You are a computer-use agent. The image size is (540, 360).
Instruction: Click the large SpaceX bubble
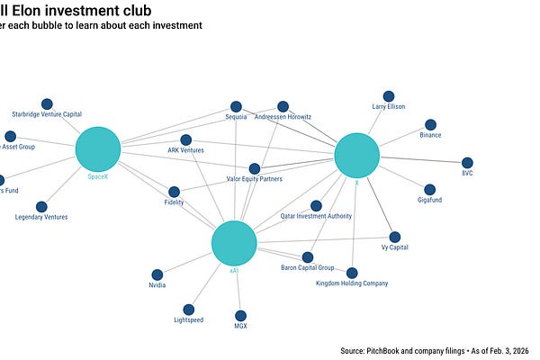coord(97,149)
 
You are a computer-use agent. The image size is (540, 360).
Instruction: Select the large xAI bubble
coord(234,244)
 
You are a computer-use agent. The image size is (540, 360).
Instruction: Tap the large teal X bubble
coord(357,156)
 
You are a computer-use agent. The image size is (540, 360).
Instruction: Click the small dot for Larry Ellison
coord(389,96)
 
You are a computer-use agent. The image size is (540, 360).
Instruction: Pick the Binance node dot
coord(430,125)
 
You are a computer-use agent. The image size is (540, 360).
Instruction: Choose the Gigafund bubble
coord(429,190)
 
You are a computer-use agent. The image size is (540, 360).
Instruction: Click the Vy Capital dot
coord(395,237)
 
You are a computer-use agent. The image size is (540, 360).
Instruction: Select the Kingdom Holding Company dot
coord(352,273)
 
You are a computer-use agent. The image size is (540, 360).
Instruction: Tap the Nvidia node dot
coord(157,274)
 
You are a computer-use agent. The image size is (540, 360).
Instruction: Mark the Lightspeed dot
coord(188,310)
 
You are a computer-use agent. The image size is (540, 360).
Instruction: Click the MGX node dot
coord(240,315)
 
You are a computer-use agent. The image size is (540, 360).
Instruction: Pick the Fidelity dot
coord(174,192)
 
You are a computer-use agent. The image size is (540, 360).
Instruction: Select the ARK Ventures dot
coord(185,139)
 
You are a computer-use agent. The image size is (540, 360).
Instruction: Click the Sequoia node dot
coord(236,106)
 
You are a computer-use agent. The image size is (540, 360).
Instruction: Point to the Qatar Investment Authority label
coord(316,216)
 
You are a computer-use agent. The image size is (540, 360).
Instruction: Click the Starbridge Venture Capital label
coord(47,114)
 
